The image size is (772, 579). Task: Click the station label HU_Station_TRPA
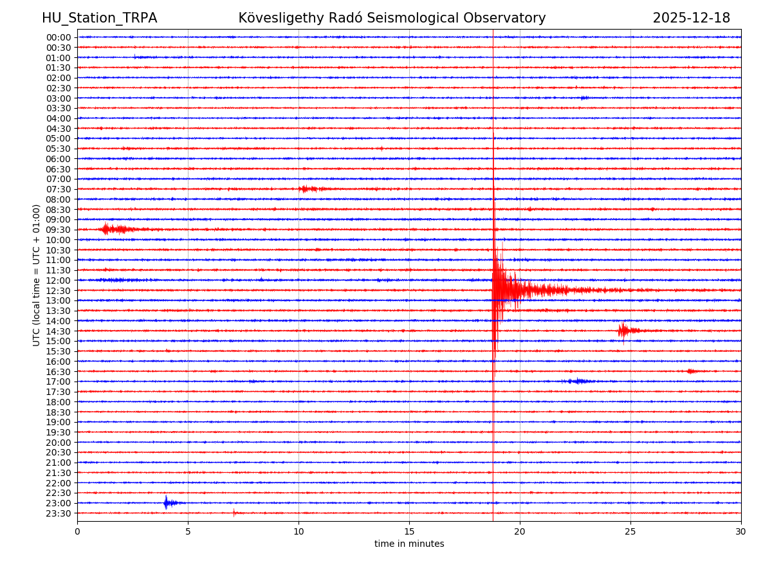tap(99, 19)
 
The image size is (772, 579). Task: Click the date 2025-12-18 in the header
tap(691, 19)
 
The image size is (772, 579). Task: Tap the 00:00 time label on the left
tap(59, 37)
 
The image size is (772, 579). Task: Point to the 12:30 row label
tap(59, 291)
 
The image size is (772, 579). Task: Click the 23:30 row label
tap(59, 513)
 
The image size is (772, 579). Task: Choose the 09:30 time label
tap(59, 230)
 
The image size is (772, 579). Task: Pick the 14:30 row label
tap(59, 331)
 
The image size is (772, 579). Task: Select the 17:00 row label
tap(59, 381)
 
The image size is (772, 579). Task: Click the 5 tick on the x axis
tap(188, 532)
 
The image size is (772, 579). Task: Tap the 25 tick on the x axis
tap(630, 532)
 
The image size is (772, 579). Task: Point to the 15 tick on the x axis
tap(409, 532)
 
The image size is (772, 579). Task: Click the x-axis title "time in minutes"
tap(409, 544)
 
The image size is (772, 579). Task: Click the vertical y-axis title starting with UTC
tap(37, 275)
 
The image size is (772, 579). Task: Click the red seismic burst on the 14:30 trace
tap(624, 331)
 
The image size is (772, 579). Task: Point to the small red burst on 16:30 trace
tap(692, 371)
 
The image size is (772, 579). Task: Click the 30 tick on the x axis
tap(741, 532)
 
